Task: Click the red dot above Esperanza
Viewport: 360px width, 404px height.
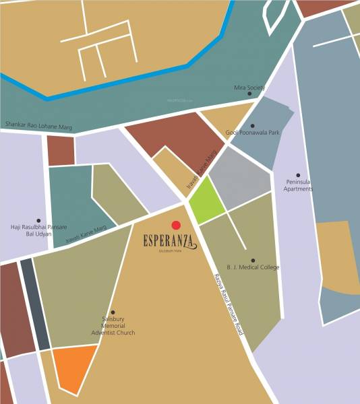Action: pyautogui.click(x=176, y=225)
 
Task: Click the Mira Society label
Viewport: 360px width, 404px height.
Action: pyautogui.click(x=249, y=88)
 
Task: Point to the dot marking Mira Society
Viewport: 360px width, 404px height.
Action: pyautogui.click(x=249, y=94)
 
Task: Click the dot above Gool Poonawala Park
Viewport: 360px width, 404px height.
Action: pyautogui.click(x=253, y=125)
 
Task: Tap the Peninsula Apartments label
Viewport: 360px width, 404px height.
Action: pyautogui.click(x=299, y=185)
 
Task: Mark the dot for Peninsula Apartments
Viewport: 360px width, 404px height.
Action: pyautogui.click(x=298, y=175)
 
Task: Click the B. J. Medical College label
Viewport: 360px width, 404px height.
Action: pyautogui.click(x=253, y=267)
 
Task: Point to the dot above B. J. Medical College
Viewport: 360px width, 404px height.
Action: pyautogui.click(x=253, y=260)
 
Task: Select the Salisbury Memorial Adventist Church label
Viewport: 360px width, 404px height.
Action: pyautogui.click(x=113, y=326)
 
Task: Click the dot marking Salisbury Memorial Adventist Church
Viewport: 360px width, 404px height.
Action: pyautogui.click(x=113, y=312)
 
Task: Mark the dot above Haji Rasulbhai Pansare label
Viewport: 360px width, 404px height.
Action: pyautogui.click(x=38, y=220)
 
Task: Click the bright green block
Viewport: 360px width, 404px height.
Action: pyautogui.click(x=206, y=201)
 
